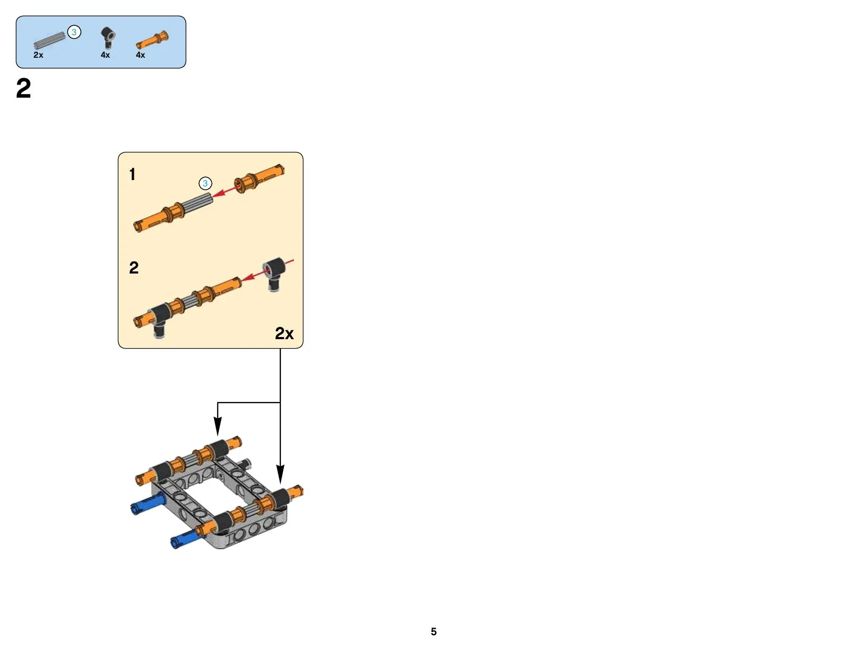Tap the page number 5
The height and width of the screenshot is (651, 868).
click(x=433, y=631)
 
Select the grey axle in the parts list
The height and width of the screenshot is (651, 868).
click(x=49, y=40)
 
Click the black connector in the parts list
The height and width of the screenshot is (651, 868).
click(x=108, y=38)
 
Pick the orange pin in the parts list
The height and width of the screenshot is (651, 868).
click(x=152, y=40)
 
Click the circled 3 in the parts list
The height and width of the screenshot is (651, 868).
click(x=74, y=32)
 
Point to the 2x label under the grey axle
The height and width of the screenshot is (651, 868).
click(x=38, y=55)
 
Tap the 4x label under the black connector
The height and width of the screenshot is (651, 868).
click(x=105, y=55)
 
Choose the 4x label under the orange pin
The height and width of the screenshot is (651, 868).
click(x=141, y=55)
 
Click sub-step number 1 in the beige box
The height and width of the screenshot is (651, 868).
click(x=132, y=174)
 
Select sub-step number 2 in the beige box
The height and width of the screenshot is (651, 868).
click(x=134, y=268)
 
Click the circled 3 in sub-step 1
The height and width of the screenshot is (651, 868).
click(x=205, y=183)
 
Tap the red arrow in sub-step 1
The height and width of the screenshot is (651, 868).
click(x=226, y=191)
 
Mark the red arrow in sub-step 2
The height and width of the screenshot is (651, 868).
click(x=267, y=270)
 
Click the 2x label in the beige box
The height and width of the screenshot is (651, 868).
click(x=284, y=333)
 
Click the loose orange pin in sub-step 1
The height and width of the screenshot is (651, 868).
click(x=259, y=178)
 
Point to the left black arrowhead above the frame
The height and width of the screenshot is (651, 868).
click(x=217, y=426)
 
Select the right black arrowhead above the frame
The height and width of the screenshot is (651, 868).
click(x=280, y=474)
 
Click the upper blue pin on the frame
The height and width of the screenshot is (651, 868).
click(x=147, y=505)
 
